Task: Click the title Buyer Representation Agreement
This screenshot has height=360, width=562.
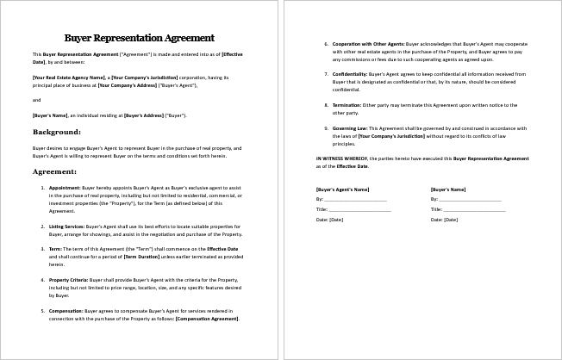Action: (x=140, y=38)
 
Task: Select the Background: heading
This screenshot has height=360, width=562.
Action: (x=57, y=132)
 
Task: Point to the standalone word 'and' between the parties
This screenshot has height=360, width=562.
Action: (x=36, y=99)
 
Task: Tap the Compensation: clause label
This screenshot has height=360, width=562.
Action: (x=68, y=311)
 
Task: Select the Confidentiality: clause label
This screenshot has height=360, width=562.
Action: (x=352, y=73)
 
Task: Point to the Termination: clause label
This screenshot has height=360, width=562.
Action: (x=347, y=104)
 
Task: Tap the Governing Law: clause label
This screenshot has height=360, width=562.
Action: (x=350, y=127)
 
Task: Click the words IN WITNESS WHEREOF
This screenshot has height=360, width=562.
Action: (x=342, y=158)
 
